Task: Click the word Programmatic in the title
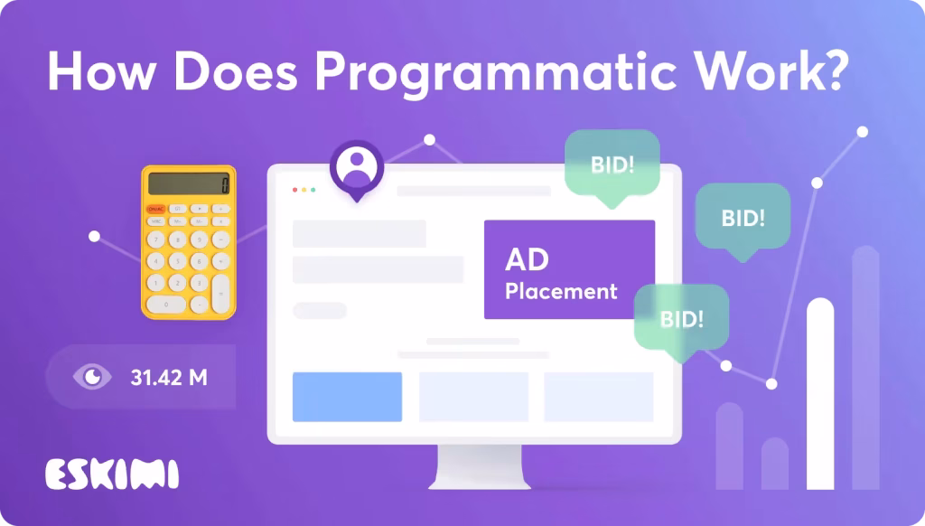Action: (496, 72)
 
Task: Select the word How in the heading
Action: (101, 70)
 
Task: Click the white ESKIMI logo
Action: (112, 474)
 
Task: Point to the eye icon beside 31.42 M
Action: (92, 377)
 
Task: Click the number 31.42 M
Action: (169, 377)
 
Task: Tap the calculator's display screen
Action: (189, 183)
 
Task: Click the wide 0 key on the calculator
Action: (166, 305)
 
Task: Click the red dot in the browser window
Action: (295, 190)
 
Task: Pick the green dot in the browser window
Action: (313, 190)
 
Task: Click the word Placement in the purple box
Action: (561, 291)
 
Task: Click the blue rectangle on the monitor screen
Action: (348, 397)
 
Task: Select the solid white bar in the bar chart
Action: (820, 394)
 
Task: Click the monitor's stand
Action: (479, 467)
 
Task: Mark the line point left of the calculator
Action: (94, 237)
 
